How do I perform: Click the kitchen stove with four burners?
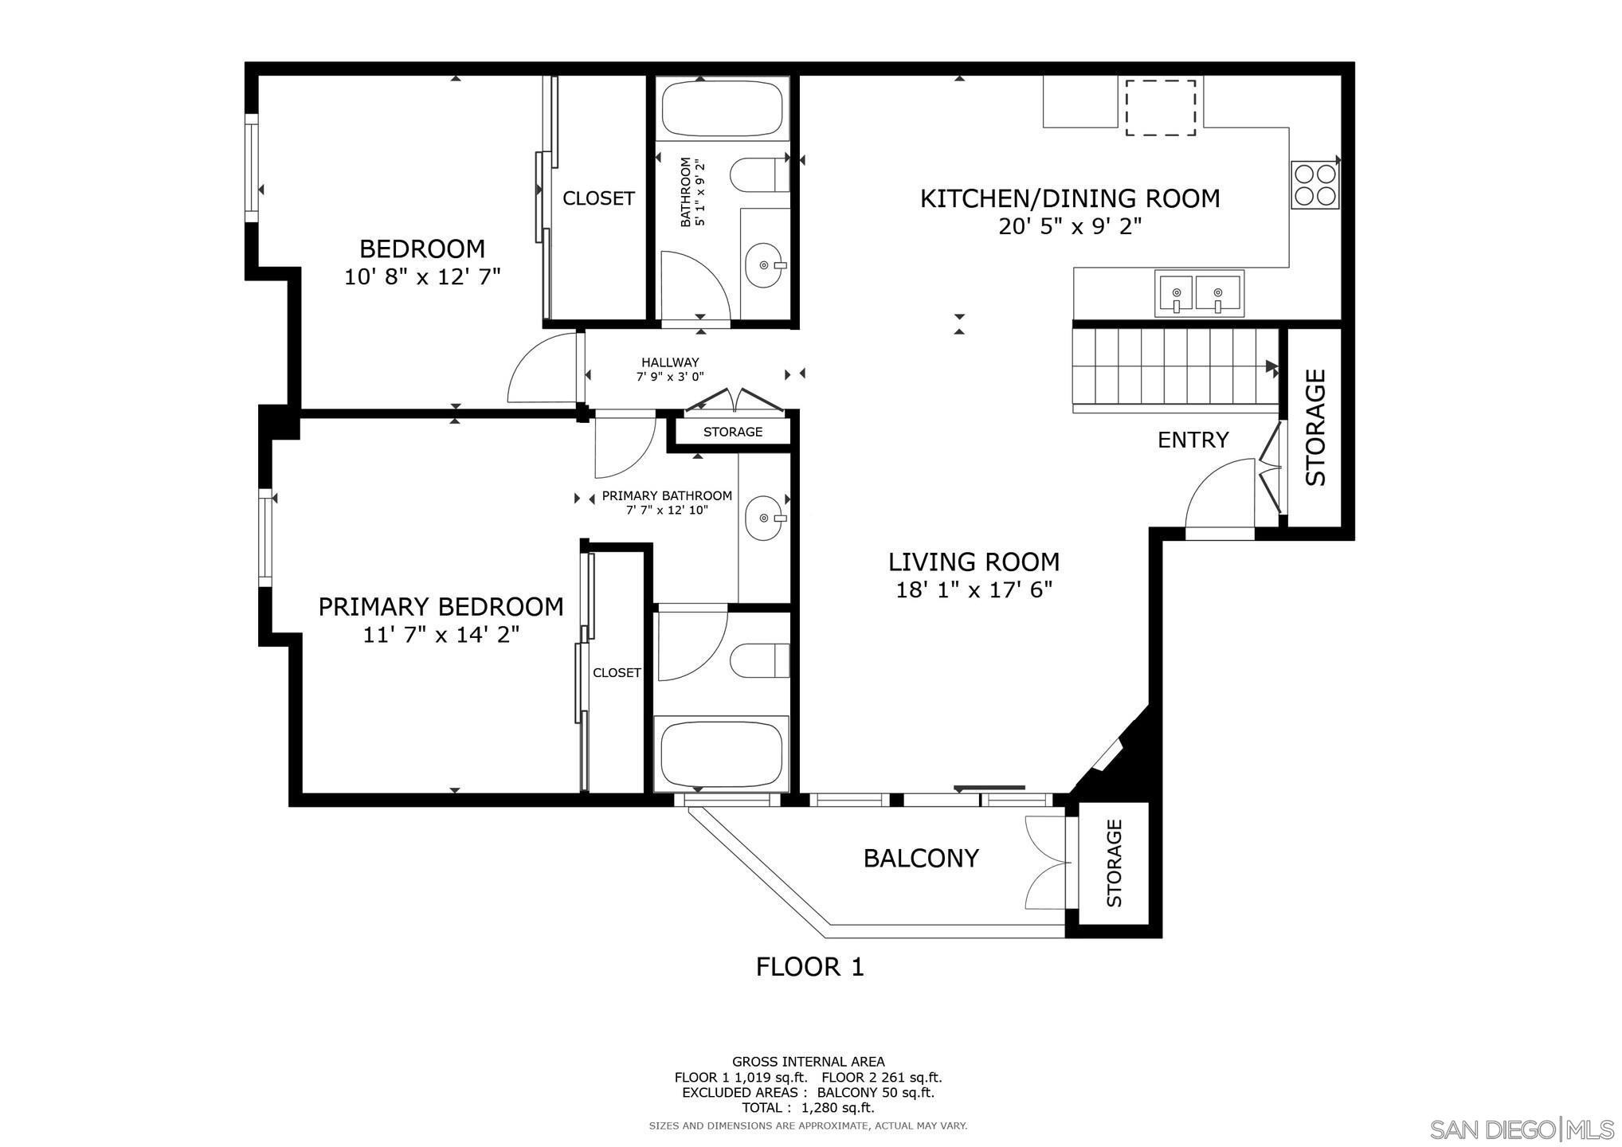click(x=1314, y=185)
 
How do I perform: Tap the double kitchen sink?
click(x=1197, y=293)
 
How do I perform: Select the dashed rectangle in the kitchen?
click(x=1160, y=108)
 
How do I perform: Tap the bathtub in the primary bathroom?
click(x=721, y=753)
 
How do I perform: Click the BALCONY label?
click(x=921, y=859)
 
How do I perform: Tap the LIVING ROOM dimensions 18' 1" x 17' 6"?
click(x=974, y=590)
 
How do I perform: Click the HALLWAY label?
click(x=670, y=362)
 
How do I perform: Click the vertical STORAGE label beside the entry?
click(x=1315, y=427)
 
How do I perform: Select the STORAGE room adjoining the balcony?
click(x=1113, y=863)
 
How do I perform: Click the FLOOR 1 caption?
click(x=809, y=967)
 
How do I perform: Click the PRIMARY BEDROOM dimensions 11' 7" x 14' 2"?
click(x=441, y=635)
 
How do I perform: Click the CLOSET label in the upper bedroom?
click(x=598, y=198)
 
